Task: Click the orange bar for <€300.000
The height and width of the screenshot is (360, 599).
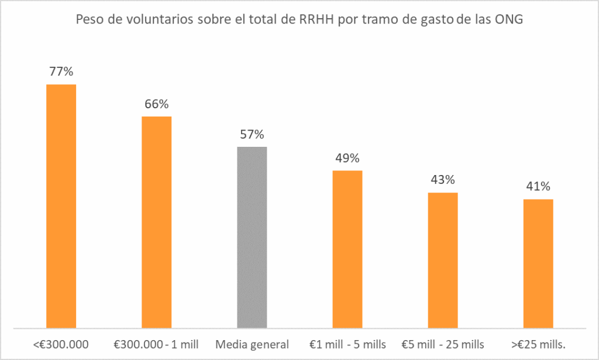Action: point(61,205)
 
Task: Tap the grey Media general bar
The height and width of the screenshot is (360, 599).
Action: point(252,236)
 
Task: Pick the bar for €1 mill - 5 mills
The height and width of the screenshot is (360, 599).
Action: point(347,248)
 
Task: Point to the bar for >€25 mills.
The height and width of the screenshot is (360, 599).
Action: point(538,263)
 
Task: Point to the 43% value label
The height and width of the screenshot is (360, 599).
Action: point(443,180)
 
